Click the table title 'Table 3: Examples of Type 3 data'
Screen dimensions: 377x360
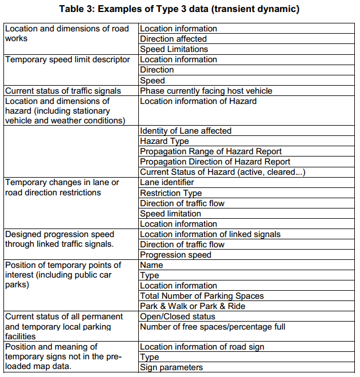(179, 9)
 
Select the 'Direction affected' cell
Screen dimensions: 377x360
(173, 39)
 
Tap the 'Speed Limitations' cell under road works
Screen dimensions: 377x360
(174, 49)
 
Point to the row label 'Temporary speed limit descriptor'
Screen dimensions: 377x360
(67, 59)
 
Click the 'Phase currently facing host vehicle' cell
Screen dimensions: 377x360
(206, 91)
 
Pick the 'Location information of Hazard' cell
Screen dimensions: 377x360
(198, 101)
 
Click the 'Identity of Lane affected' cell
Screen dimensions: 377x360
(185, 131)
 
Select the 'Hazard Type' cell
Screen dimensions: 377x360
(164, 141)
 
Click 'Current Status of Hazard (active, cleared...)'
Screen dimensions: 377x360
(222, 172)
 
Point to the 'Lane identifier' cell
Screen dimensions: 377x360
(167, 182)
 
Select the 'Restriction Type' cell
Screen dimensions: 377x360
(171, 193)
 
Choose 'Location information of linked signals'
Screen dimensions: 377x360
(210, 234)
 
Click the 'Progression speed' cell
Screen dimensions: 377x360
(175, 255)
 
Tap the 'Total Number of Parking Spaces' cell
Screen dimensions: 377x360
(202, 296)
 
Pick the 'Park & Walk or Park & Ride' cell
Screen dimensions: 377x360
(193, 306)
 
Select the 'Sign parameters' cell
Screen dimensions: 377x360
(171, 367)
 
